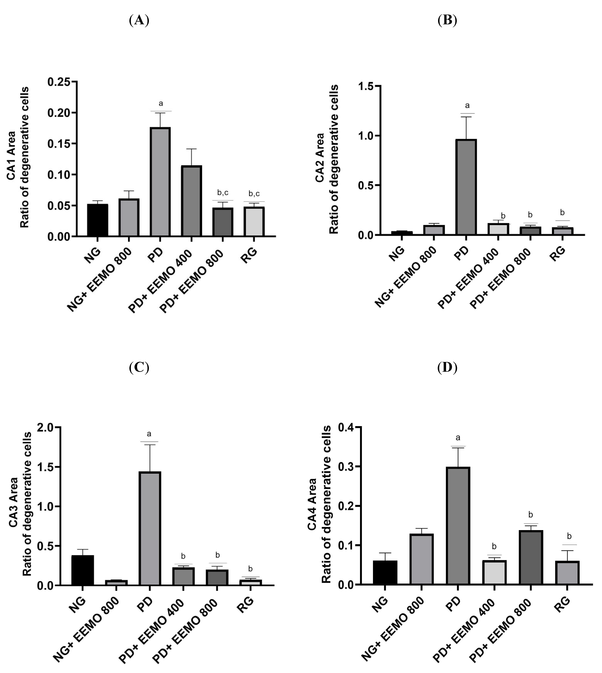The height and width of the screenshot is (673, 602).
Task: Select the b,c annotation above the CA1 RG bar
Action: (254, 193)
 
